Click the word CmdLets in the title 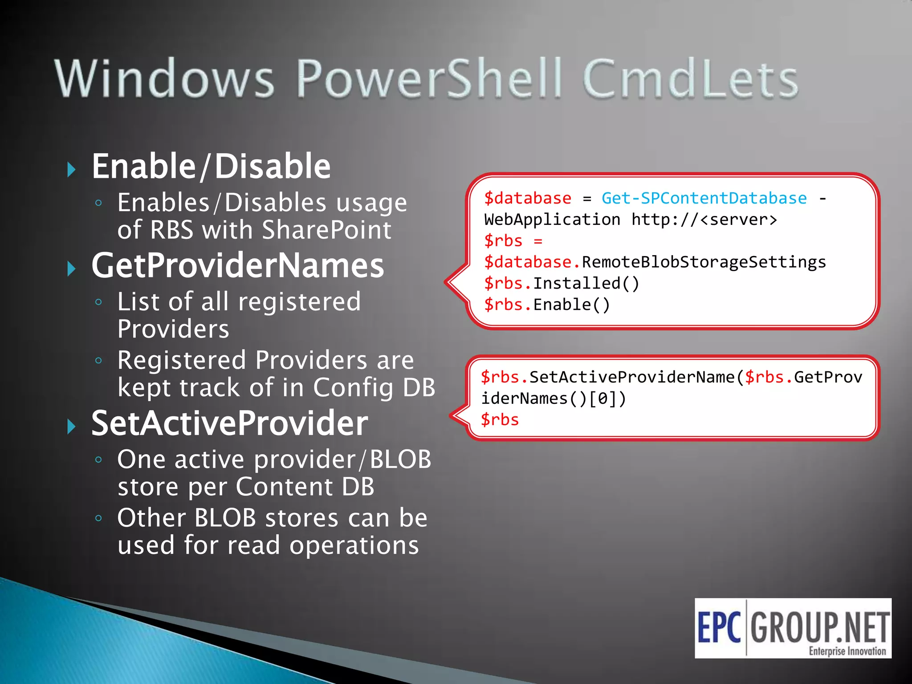click(690, 79)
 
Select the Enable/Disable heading click(211, 167)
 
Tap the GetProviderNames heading click(237, 266)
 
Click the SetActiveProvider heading click(229, 423)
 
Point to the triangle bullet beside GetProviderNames click(71, 269)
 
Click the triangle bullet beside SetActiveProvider click(71, 426)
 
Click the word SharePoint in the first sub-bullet click(326, 230)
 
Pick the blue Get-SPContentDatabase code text click(704, 198)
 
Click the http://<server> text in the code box click(704, 220)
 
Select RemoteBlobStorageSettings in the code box click(704, 262)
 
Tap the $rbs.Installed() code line click(562, 284)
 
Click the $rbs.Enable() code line click(547, 305)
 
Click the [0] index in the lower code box click(602, 399)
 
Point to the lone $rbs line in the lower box click(500, 420)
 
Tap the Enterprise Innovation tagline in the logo click(847, 651)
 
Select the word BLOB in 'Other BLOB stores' click(225, 518)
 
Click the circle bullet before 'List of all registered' click(99, 302)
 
